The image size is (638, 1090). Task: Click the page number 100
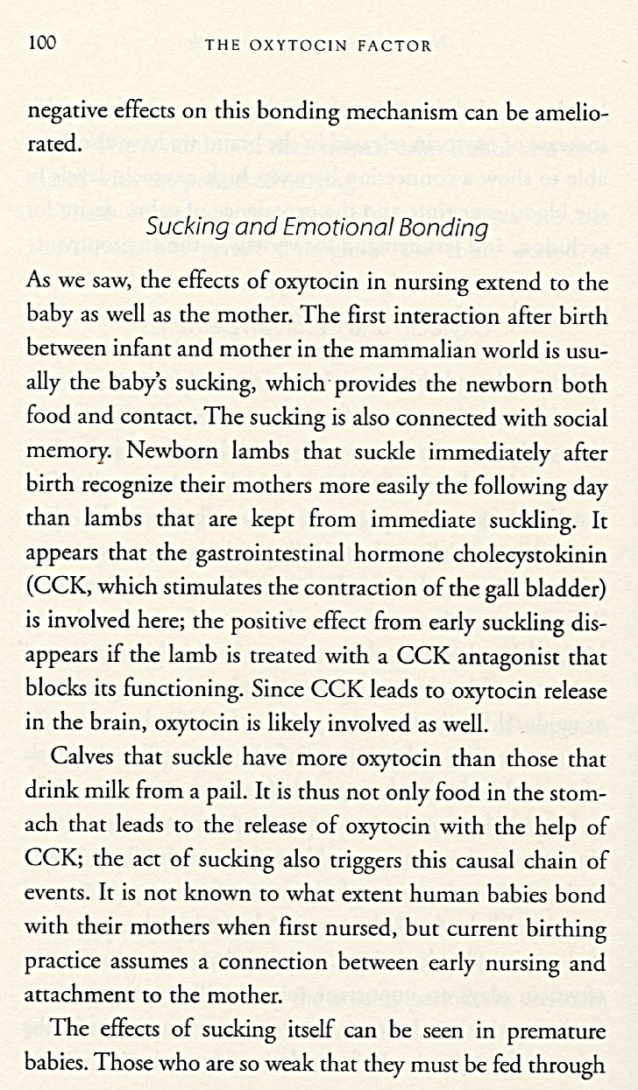[x=42, y=43]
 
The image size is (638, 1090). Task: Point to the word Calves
[x=85, y=758]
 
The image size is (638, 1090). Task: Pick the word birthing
[x=564, y=928]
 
